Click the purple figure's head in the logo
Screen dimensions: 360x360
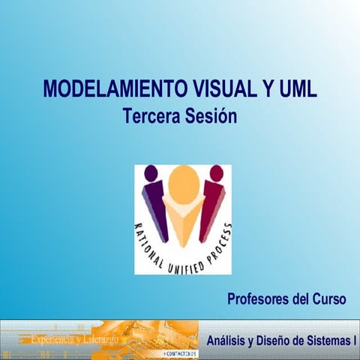pyautogui.click(x=151, y=173)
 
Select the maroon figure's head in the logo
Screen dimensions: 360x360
pyautogui.click(x=216, y=173)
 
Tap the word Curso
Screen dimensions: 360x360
pyautogui.click(x=328, y=300)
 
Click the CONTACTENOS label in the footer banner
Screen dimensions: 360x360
pyautogui.click(x=181, y=352)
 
